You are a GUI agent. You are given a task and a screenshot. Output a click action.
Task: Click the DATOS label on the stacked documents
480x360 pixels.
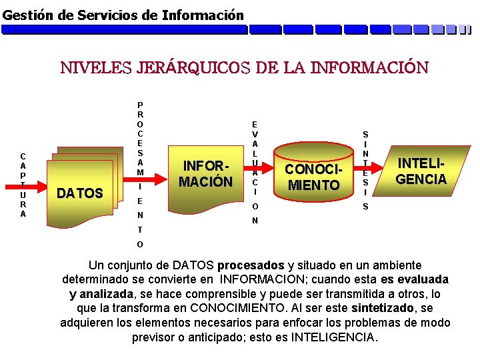click(80, 193)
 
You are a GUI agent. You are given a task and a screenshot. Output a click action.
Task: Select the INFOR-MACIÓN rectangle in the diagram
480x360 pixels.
click(208, 173)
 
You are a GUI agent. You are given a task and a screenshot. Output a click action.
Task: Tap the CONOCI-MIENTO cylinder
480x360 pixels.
click(312, 177)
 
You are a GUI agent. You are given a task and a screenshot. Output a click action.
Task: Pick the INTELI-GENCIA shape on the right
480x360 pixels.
click(421, 171)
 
